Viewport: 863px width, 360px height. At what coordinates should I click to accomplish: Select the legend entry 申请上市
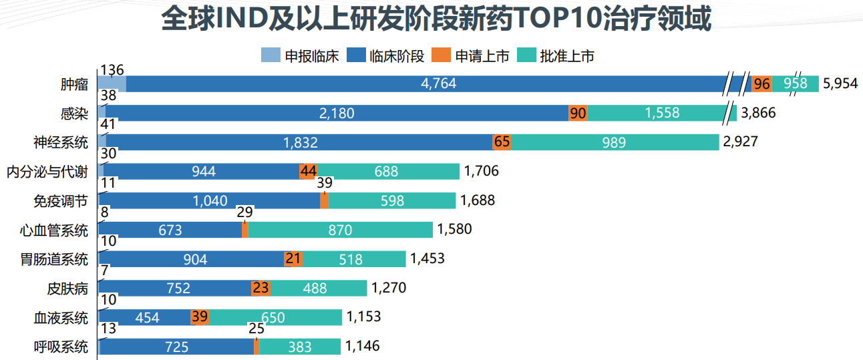click(472, 56)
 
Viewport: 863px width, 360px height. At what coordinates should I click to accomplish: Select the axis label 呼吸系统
click(61, 347)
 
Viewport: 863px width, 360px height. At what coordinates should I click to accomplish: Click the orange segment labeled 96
click(761, 84)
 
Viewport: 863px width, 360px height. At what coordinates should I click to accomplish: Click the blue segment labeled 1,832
click(300, 142)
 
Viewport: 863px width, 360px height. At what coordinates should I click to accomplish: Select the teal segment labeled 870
click(340, 230)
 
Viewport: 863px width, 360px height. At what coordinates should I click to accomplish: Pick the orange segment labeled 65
click(502, 142)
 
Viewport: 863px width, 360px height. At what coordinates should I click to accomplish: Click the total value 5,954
click(840, 84)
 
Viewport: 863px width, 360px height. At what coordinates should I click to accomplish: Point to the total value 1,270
click(389, 289)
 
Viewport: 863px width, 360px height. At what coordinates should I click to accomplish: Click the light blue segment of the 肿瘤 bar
click(112, 84)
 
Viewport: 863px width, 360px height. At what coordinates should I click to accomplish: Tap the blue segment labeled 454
click(147, 317)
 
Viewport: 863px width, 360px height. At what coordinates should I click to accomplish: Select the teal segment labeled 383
click(299, 347)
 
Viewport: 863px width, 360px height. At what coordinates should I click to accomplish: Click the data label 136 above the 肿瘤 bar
click(111, 70)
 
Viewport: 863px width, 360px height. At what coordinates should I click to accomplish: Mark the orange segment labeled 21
click(293, 259)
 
